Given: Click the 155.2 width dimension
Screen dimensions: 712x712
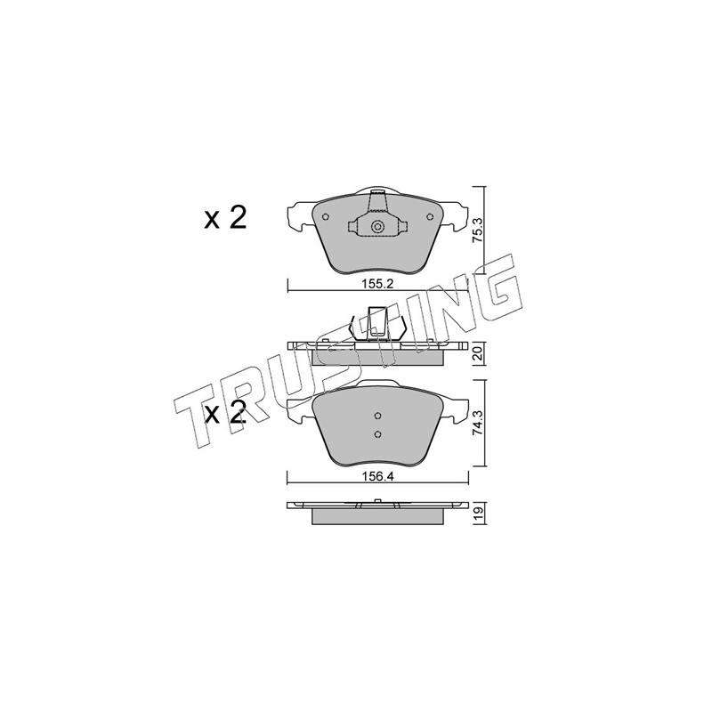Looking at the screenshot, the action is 376,284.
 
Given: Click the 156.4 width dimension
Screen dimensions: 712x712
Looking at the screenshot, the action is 376,477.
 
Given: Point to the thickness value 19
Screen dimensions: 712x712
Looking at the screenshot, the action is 477,514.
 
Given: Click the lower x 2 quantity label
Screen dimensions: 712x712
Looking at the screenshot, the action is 225,412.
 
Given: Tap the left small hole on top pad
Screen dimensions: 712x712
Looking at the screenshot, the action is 325,217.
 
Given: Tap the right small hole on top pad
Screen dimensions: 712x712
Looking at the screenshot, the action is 430,217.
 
